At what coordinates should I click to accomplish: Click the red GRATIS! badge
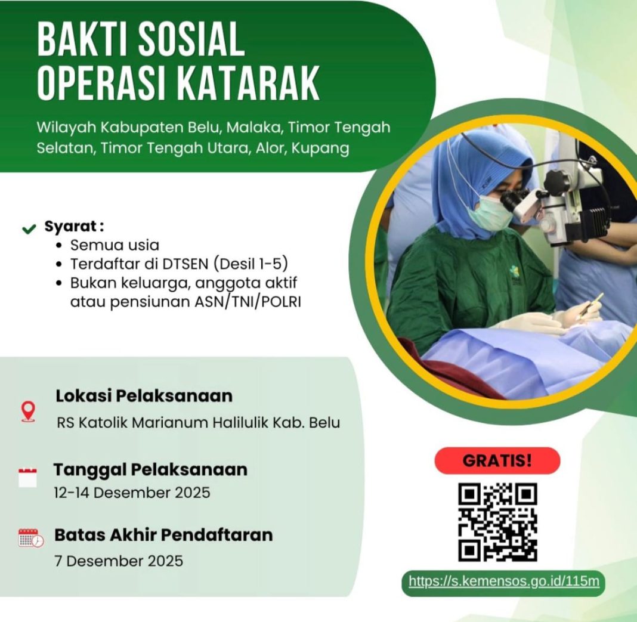(x=497, y=460)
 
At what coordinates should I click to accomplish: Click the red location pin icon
(x=28, y=410)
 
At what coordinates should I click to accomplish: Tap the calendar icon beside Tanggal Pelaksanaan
(x=27, y=478)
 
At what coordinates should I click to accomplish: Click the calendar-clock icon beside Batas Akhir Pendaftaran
(x=30, y=538)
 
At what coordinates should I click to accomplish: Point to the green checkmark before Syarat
(x=29, y=228)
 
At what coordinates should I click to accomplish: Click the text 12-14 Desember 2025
(x=132, y=493)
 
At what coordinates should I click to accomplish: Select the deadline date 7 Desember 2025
(x=118, y=561)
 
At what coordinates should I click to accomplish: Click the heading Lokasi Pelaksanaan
(x=144, y=395)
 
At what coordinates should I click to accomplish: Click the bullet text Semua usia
(x=115, y=245)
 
